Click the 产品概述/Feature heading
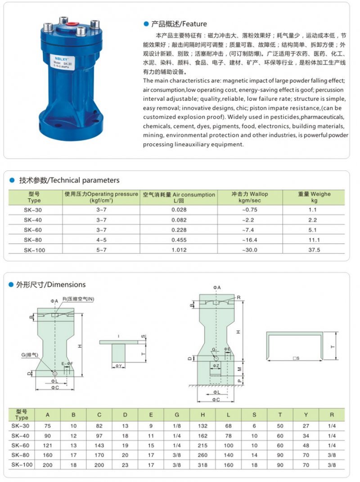coord(178,24)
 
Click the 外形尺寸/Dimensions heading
coord(51,285)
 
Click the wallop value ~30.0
coord(250,250)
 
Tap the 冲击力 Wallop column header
coord(250,197)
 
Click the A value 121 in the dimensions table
coord(47,445)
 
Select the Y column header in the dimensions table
coord(306,414)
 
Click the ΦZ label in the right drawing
coord(216,366)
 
